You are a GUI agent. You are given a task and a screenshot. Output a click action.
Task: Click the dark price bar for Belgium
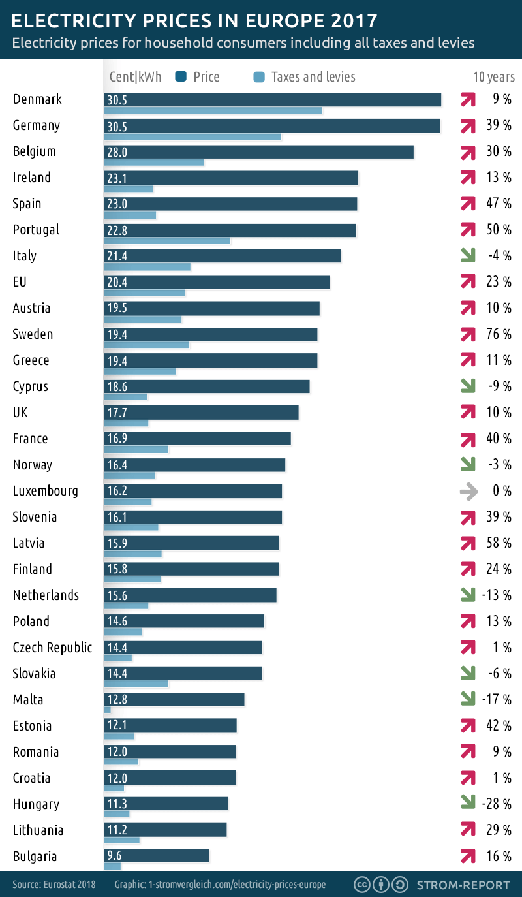259,151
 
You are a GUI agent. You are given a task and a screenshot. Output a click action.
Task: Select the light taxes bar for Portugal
167,240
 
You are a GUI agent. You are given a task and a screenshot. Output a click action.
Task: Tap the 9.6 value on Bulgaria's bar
114,857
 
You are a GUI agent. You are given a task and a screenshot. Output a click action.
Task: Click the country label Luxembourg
46,491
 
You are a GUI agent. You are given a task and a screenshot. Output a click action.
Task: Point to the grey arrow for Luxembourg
467,491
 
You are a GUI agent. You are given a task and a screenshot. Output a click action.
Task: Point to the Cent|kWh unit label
135,77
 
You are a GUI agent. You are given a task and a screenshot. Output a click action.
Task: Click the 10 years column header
493,77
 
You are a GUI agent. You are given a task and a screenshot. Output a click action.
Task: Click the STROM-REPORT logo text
463,885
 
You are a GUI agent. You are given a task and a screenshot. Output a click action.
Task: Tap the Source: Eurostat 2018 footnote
54,885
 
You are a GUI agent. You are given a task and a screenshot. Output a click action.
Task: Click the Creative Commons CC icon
362,885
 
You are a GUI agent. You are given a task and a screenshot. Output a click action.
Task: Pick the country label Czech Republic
52,648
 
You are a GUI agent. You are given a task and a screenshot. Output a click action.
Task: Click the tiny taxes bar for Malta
108,710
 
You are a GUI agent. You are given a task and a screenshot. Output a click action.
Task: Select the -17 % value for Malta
498,700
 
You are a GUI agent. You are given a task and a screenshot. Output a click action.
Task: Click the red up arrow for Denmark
467,99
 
